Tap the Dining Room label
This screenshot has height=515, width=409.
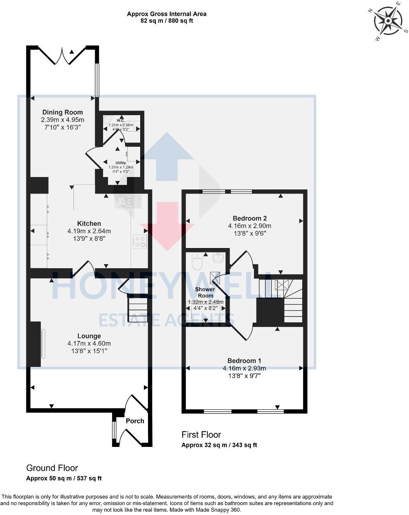63,112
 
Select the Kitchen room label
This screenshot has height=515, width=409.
89,224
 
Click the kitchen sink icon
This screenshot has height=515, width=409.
128,201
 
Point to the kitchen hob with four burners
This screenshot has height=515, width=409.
140,242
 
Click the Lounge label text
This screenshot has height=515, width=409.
89,336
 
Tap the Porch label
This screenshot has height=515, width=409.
135,421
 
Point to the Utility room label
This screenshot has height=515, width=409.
120,163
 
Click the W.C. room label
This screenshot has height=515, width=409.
120,120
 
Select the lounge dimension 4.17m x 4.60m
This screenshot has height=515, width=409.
89,343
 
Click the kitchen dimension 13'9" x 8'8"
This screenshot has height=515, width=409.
89,239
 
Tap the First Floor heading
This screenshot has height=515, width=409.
201,435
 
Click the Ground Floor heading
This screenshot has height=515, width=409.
52,468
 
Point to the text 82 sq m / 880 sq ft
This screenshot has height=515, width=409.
167,21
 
